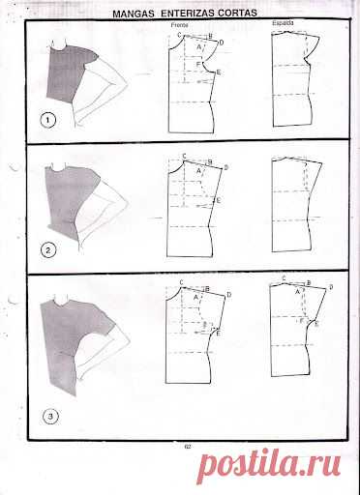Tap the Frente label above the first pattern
[178, 22]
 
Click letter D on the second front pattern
[225, 167]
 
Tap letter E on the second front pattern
[220, 199]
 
